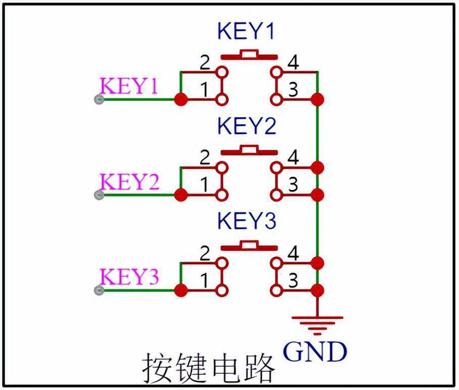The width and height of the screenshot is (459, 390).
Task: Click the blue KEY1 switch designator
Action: click(246, 31)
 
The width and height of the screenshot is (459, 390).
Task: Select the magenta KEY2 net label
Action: click(129, 181)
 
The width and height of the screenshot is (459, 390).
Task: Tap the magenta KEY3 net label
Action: click(129, 277)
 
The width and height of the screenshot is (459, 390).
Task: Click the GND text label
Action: click(315, 352)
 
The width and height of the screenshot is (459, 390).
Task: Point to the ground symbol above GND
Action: click(317, 324)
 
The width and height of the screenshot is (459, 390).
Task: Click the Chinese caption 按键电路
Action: click(208, 367)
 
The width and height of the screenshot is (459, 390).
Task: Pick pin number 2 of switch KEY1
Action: click(205, 63)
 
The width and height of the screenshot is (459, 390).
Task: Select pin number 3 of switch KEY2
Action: click(293, 185)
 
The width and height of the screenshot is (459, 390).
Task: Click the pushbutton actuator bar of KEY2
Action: click(249, 150)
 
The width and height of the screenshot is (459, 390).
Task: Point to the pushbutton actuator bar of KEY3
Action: click(249, 246)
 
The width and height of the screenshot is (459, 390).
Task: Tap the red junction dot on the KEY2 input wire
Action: click(180, 194)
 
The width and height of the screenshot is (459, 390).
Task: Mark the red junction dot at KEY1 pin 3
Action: click(317, 100)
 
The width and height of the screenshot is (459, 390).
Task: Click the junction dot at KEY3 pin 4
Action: click(317, 263)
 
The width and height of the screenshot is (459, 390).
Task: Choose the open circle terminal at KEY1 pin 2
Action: click(221, 72)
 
